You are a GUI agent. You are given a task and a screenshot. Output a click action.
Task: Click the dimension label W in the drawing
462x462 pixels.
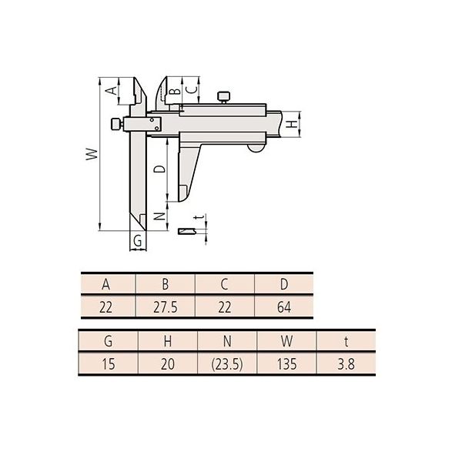pos(92,154)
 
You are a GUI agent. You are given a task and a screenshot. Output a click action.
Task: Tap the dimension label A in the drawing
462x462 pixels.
pos(112,90)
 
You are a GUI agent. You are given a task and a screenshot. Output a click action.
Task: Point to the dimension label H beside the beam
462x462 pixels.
pos(292,124)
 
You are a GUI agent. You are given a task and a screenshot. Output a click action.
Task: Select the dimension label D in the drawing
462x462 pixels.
pos(159,169)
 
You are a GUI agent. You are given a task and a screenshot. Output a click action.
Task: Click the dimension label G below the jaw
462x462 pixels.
pos(138,241)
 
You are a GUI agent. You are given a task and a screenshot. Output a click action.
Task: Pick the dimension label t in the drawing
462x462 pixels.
pos(199,217)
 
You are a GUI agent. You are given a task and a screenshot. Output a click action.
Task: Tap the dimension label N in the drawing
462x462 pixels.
pos(159,216)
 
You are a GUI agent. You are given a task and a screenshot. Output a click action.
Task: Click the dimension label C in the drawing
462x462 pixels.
pos(192,89)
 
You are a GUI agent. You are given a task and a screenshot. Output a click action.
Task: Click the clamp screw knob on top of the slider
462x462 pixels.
pos(223,98)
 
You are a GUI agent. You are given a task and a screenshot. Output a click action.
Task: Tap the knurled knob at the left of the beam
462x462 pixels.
pos(117,124)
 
